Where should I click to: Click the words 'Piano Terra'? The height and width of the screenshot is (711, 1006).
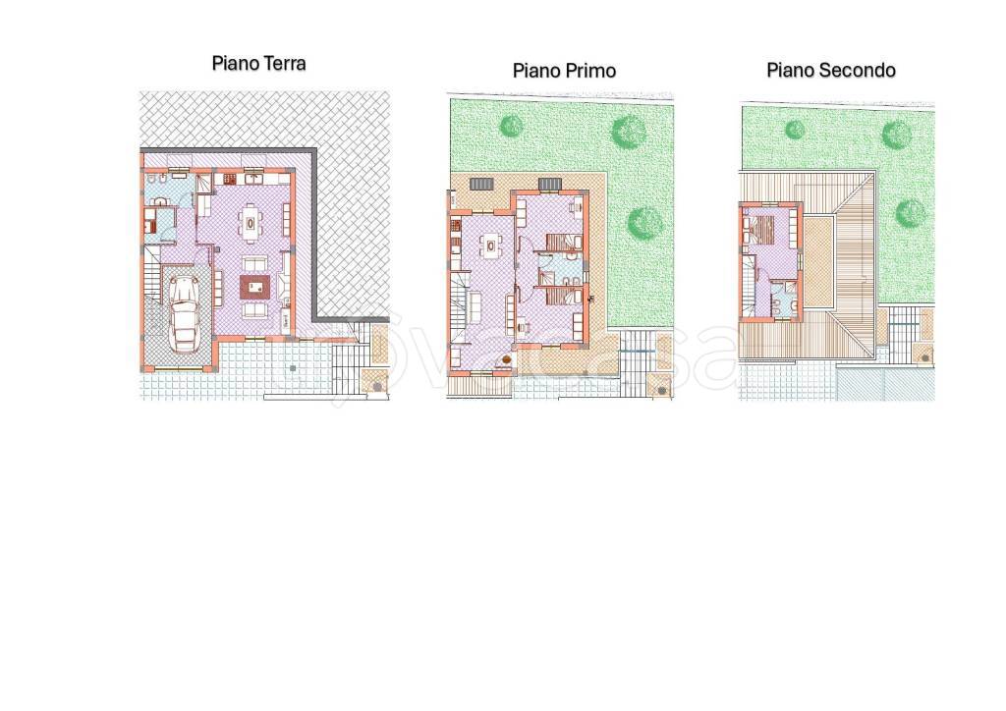point(258,64)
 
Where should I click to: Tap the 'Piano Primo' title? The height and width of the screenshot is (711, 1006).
point(564,71)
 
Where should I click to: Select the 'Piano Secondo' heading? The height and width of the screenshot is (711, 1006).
point(831,70)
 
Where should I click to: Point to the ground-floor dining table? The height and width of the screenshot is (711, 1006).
point(251,224)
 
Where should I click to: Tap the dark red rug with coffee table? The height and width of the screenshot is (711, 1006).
point(256,287)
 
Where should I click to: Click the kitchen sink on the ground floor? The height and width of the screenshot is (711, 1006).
point(254,178)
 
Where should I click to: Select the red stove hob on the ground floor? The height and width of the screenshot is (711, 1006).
point(229,179)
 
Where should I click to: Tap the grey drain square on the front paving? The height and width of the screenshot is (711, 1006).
point(293,368)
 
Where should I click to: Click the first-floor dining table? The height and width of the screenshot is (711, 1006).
point(491,245)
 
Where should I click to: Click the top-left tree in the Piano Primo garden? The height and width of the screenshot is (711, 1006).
point(511,126)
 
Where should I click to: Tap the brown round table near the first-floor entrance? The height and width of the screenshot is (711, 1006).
point(506,360)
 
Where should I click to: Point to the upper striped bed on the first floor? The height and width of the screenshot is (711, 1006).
point(564,243)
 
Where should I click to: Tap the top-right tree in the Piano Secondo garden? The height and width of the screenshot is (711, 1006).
point(896,136)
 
